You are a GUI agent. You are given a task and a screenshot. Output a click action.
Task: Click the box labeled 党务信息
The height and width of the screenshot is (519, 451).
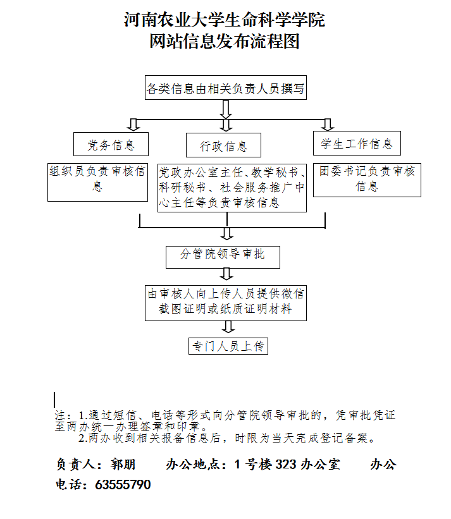(111, 144)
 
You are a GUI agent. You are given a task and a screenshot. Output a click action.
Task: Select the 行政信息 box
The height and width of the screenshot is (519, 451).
(223, 145)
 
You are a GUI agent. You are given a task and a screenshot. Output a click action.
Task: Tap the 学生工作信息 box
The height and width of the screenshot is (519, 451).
(357, 143)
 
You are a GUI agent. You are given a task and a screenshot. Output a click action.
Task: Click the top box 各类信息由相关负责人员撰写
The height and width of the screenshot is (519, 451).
(226, 88)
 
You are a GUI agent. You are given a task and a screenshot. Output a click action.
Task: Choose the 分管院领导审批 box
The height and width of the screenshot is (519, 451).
(223, 257)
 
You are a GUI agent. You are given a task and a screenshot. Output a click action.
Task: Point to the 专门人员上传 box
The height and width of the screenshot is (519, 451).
(228, 346)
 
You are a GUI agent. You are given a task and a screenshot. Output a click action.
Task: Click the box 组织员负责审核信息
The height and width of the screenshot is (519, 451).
(97, 182)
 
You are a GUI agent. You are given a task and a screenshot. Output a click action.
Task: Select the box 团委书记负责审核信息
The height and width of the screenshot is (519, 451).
(368, 180)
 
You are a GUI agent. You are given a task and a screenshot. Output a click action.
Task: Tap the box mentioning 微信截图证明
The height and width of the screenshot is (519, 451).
(226, 303)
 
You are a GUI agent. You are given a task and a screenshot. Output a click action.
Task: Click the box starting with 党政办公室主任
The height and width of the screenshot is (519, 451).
(232, 188)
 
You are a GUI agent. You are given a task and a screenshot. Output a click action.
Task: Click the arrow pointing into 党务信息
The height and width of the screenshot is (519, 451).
(133, 125)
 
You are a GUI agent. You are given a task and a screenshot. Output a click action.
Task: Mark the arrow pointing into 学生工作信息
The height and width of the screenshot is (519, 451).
(328, 125)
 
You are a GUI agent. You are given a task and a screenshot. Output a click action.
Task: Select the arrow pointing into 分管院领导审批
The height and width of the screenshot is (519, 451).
(227, 234)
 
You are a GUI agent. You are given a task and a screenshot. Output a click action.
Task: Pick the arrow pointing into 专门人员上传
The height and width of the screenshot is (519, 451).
(228, 327)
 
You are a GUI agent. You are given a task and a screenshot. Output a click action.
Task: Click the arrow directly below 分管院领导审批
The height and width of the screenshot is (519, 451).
(226, 274)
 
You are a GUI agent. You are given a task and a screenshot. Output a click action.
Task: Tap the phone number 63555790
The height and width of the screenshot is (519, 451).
(123, 485)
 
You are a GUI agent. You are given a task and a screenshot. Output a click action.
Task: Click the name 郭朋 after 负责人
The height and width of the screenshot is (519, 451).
(123, 465)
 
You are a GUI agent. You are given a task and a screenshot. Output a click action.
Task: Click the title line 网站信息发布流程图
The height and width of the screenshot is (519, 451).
(225, 41)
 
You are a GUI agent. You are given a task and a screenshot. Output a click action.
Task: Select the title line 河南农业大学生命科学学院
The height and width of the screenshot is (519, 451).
(225, 20)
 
